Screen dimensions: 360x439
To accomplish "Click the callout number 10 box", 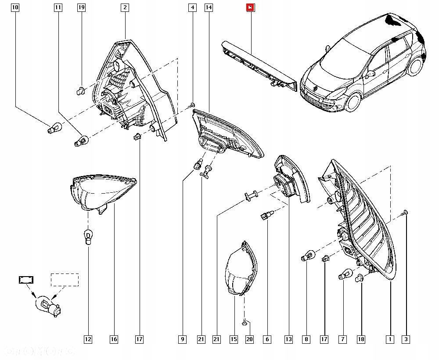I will pos(15,7).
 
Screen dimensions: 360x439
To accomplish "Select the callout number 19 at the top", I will pos(81,7).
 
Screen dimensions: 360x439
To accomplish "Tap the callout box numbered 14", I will pos(209,7).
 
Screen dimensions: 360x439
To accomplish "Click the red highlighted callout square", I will pos(250,7).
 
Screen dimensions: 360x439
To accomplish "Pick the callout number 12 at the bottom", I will pos(88,339).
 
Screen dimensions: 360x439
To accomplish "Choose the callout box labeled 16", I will pos(114,339).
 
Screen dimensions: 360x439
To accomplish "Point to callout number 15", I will pos(234,339).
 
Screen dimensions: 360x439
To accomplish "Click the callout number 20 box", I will pos(250,339).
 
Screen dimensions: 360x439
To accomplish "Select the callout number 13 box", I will pos(288,339).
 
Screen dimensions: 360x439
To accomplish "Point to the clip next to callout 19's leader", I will pos(80,91).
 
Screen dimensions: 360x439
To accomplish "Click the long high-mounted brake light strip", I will pos(259,66).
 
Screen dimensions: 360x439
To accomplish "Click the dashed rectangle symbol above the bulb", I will pos(65,280).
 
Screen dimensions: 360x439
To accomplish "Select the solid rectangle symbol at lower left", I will pos(26,279).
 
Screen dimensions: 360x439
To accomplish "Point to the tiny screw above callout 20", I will pos(244,322).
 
